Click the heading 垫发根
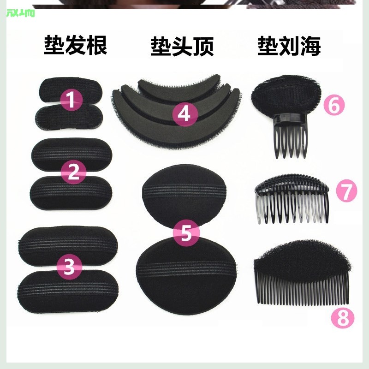pos(76,46)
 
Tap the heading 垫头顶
pos(182,46)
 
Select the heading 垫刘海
pos(289,46)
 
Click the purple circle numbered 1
pos(71,100)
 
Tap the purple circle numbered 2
pos(73,172)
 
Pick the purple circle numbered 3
pos(69,266)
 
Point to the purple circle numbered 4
pos(184,113)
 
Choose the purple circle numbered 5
pos(185,233)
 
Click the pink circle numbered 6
pos(334,105)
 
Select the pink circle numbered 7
pos(346,190)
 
